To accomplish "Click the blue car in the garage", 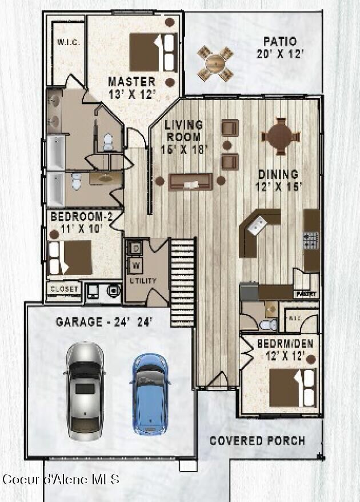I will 151,393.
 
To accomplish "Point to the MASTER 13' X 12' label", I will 132,87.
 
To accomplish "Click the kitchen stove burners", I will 311,240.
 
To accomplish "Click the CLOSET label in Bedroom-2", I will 63,289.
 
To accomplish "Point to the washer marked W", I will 137,265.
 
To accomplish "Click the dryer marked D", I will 137,248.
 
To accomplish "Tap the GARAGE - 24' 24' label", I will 104,321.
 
